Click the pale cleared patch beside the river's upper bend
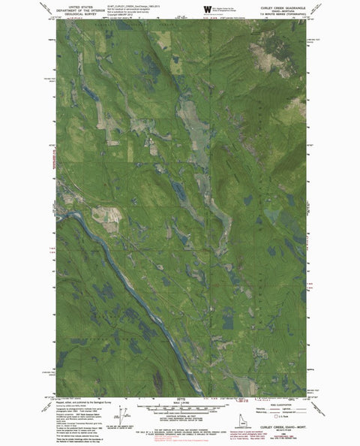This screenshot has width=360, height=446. click(104, 215)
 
